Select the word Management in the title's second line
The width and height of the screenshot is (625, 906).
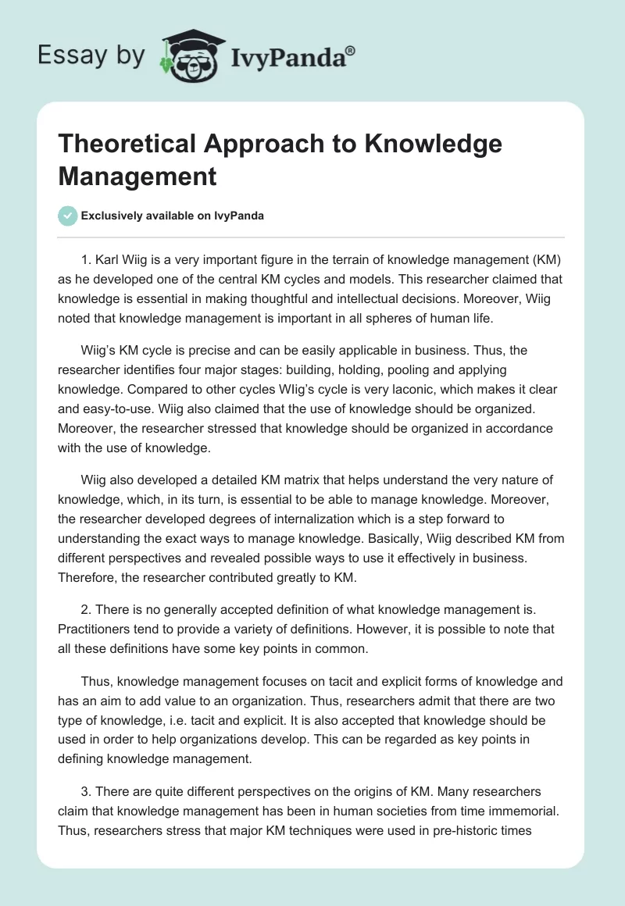[137, 176]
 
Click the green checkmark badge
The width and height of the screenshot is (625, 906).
[68, 216]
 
